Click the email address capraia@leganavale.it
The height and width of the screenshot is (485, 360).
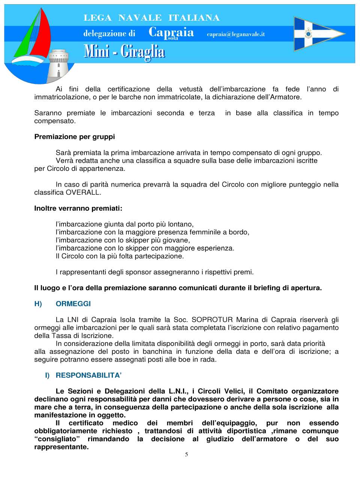235,34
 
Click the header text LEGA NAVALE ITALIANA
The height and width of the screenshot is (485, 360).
151,18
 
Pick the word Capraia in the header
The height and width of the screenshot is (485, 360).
171,32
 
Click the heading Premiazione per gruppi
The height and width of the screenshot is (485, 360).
74,137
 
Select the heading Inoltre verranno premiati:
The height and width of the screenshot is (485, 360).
78,208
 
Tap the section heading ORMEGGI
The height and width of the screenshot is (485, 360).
73,304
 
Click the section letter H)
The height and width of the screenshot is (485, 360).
38,304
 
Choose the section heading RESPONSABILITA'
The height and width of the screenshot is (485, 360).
88,376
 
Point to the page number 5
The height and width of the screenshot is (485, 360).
186,455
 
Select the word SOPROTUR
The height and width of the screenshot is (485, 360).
212,320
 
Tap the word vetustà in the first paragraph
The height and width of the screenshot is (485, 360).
190,89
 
